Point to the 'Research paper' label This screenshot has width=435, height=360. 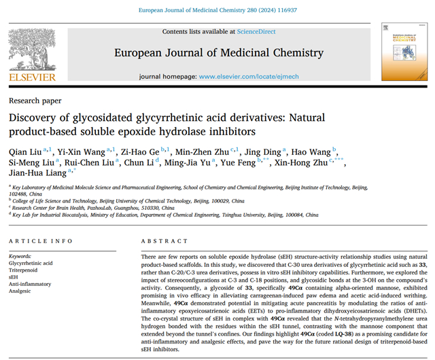(x=33, y=100)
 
